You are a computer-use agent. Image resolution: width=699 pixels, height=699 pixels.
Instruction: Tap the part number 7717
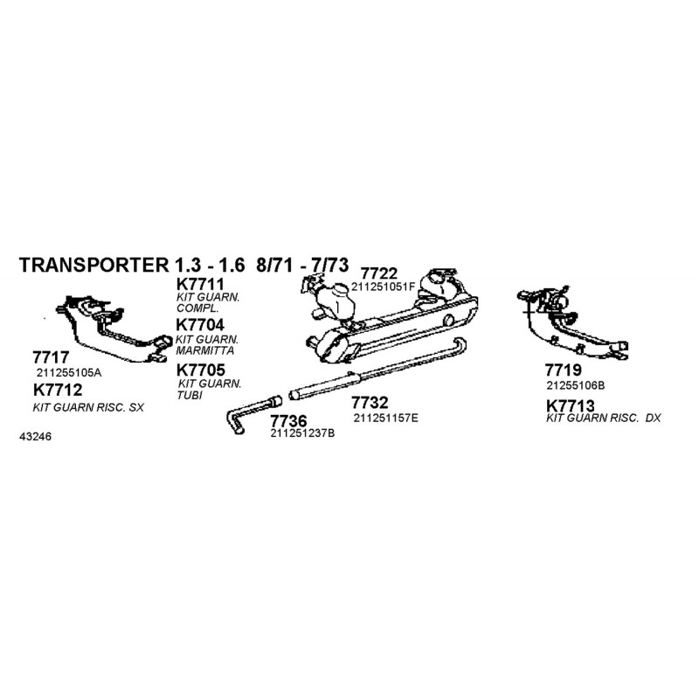pos(51,357)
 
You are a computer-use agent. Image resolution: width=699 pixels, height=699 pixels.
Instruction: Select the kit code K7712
pos(58,390)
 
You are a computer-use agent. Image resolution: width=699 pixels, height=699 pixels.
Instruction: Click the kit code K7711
pos(200,284)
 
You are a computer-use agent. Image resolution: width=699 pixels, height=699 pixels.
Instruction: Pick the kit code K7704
pos(200,324)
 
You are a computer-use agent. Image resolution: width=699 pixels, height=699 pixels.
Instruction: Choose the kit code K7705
pos(201,370)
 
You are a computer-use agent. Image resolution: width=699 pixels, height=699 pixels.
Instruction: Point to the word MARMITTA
pos(204,350)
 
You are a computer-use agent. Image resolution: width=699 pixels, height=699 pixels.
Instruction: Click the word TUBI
pos(190,395)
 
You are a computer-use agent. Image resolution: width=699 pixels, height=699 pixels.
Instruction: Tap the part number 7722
pos(379,273)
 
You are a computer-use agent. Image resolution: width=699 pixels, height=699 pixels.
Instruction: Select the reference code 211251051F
pos(383,287)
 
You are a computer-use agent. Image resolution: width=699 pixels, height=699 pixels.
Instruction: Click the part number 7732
pos(370,403)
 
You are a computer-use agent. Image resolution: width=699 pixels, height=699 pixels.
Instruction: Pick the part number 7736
pos(288,421)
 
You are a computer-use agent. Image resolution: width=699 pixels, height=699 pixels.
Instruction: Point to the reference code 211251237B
pos(302,433)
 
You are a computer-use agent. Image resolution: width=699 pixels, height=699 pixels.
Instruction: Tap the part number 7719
pos(563,370)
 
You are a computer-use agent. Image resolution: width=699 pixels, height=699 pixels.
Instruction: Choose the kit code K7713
pos(571,405)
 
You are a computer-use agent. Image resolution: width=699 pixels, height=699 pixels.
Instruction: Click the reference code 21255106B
pos(576,385)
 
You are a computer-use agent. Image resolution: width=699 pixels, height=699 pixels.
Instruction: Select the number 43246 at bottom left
pos(35,436)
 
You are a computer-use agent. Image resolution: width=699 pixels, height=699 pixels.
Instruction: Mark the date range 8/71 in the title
pos(274,265)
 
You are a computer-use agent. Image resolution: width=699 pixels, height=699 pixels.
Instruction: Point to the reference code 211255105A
pos(69,372)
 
